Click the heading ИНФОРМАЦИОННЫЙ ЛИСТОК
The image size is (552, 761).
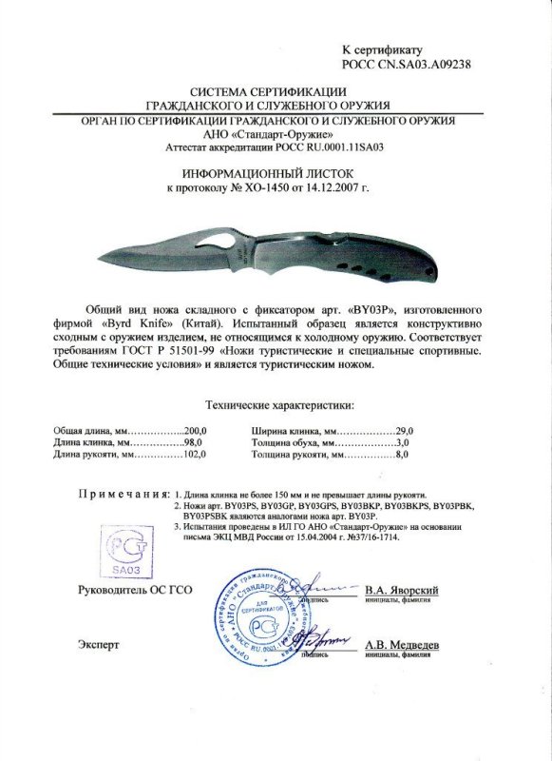coord(276,173)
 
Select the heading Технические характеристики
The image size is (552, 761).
coord(275,405)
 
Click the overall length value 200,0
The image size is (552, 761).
coord(195,431)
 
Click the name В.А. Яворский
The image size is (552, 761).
coord(401,590)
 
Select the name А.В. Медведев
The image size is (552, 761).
coord(402,644)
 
